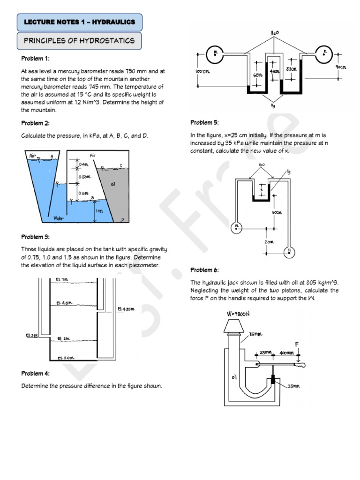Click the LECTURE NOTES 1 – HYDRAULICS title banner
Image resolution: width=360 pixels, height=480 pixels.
(x=79, y=22)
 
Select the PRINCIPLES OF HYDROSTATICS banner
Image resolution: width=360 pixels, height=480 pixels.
(x=79, y=41)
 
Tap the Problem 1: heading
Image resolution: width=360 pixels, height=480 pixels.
(x=35, y=59)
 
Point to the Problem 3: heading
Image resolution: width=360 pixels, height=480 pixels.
(x=36, y=237)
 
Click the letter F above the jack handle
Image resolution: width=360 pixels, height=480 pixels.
(x=296, y=345)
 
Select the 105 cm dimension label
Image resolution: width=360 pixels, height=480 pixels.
(x=202, y=71)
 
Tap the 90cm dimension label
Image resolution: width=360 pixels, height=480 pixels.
(x=341, y=67)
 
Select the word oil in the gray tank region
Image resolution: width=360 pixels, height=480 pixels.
(x=112, y=184)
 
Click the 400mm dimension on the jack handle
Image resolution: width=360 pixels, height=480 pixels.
(x=287, y=353)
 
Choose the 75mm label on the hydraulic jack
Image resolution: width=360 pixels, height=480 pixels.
(x=256, y=334)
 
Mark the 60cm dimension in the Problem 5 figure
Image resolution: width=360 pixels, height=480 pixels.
(x=277, y=212)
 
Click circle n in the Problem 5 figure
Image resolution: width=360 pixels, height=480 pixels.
(x=290, y=252)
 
